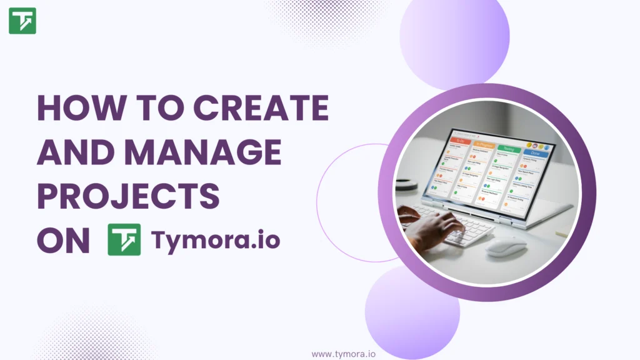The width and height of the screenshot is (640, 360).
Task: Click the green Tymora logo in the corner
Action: (x=22, y=21)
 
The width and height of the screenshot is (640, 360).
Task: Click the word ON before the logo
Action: (x=63, y=240)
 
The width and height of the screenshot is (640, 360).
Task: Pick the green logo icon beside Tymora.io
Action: (x=124, y=239)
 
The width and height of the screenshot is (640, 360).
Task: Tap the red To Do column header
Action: (x=459, y=141)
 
